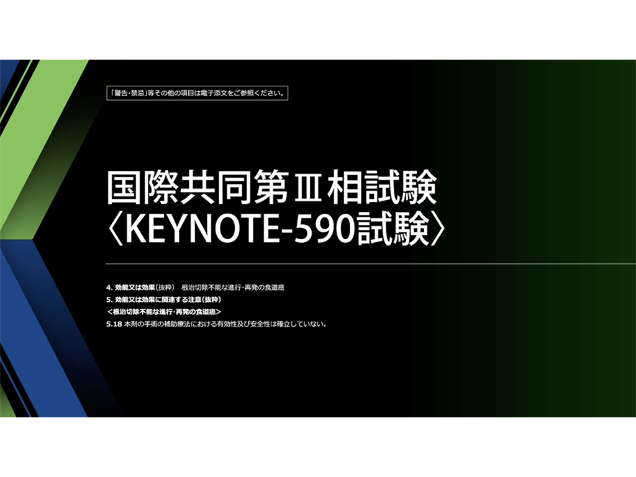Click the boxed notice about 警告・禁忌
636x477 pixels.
point(197,93)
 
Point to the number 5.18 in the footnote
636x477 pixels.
point(114,324)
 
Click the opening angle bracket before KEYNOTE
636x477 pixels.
point(116,231)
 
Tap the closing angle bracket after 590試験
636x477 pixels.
point(437,231)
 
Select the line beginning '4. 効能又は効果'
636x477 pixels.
point(195,288)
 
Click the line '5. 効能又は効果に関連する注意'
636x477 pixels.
point(164,300)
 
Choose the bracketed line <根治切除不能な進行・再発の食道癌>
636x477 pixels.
point(164,312)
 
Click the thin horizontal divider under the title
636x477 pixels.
point(371,263)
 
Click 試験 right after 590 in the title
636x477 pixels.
point(393,231)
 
